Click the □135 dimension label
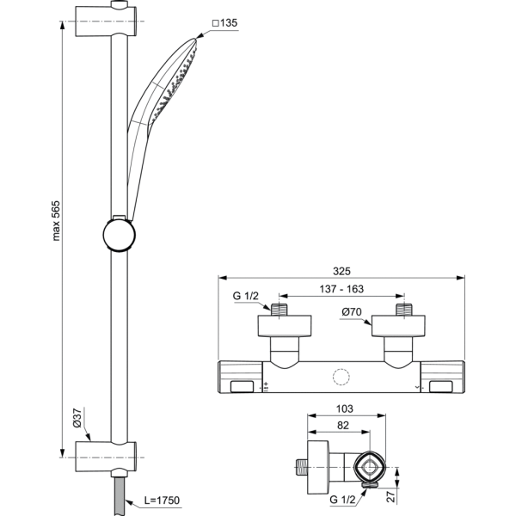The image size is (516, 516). (225, 23)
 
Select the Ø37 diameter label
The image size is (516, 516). (76, 418)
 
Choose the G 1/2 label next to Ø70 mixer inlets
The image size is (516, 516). (247, 297)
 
